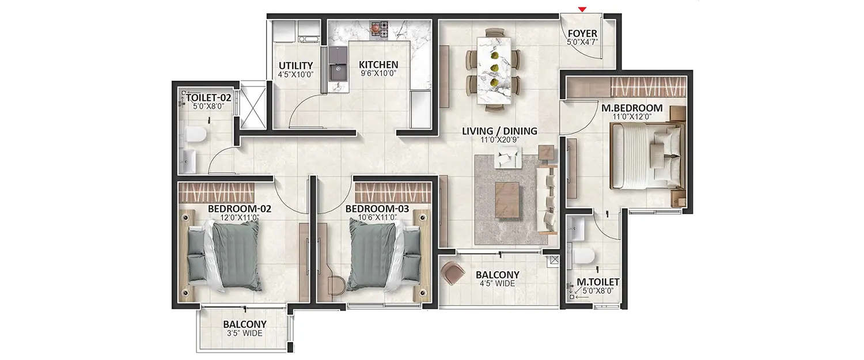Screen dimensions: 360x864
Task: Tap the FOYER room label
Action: pos(582,34)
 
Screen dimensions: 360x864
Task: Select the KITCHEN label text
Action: pos(378,65)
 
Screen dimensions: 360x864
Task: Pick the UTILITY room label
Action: pos(295,65)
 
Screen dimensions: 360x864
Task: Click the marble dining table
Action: pos(494,69)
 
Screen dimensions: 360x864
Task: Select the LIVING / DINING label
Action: pos(499,131)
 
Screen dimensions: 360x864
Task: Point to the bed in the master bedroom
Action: pos(645,156)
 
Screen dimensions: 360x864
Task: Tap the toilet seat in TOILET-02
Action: pos(195,135)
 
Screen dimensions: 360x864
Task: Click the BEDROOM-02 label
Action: pos(239,209)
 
